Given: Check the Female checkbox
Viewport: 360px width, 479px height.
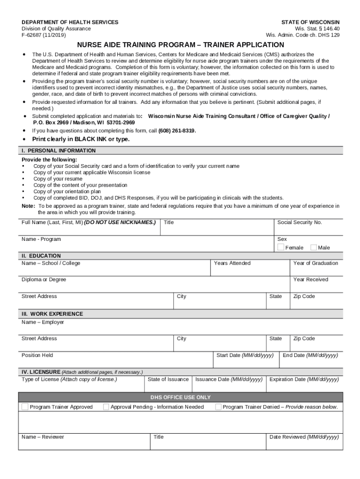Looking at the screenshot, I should [x=281, y=247].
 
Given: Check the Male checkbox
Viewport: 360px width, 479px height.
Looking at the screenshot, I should [x=314, y=247].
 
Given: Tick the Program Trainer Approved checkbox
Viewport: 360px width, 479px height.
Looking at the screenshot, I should [x=25, y=406].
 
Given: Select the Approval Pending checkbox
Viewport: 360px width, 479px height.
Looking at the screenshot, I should [x=106, y=406].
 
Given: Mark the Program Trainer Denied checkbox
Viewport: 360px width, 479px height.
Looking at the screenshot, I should [x=218, y=406].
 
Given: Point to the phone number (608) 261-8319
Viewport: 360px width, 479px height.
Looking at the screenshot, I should [x=177, y=131].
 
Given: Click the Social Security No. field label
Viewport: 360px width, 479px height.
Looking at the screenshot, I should [x=300, y=223].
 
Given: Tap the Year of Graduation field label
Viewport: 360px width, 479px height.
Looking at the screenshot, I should [x=315, y=263].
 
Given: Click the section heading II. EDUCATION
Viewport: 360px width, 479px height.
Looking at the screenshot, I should [x=41, y=256].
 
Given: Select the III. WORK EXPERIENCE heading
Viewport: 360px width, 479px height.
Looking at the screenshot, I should [x=52, y=314].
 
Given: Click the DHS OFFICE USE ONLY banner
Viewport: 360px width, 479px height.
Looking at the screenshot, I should [x=180, y=397].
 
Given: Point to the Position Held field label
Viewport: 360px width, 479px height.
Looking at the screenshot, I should [x=37, y=356].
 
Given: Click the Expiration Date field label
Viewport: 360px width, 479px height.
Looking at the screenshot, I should [x=304, y=379].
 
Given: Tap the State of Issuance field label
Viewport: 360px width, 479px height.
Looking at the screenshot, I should [x=168, y=379].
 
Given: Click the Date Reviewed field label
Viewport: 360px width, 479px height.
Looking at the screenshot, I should [x=304, y=437].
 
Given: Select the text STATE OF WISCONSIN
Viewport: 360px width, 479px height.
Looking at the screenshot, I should [x=310, y=22].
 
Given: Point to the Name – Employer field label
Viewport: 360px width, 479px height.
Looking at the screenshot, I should [x=43, y=322].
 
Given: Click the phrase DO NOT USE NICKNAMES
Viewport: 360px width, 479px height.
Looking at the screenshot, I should [x=120, y=223].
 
